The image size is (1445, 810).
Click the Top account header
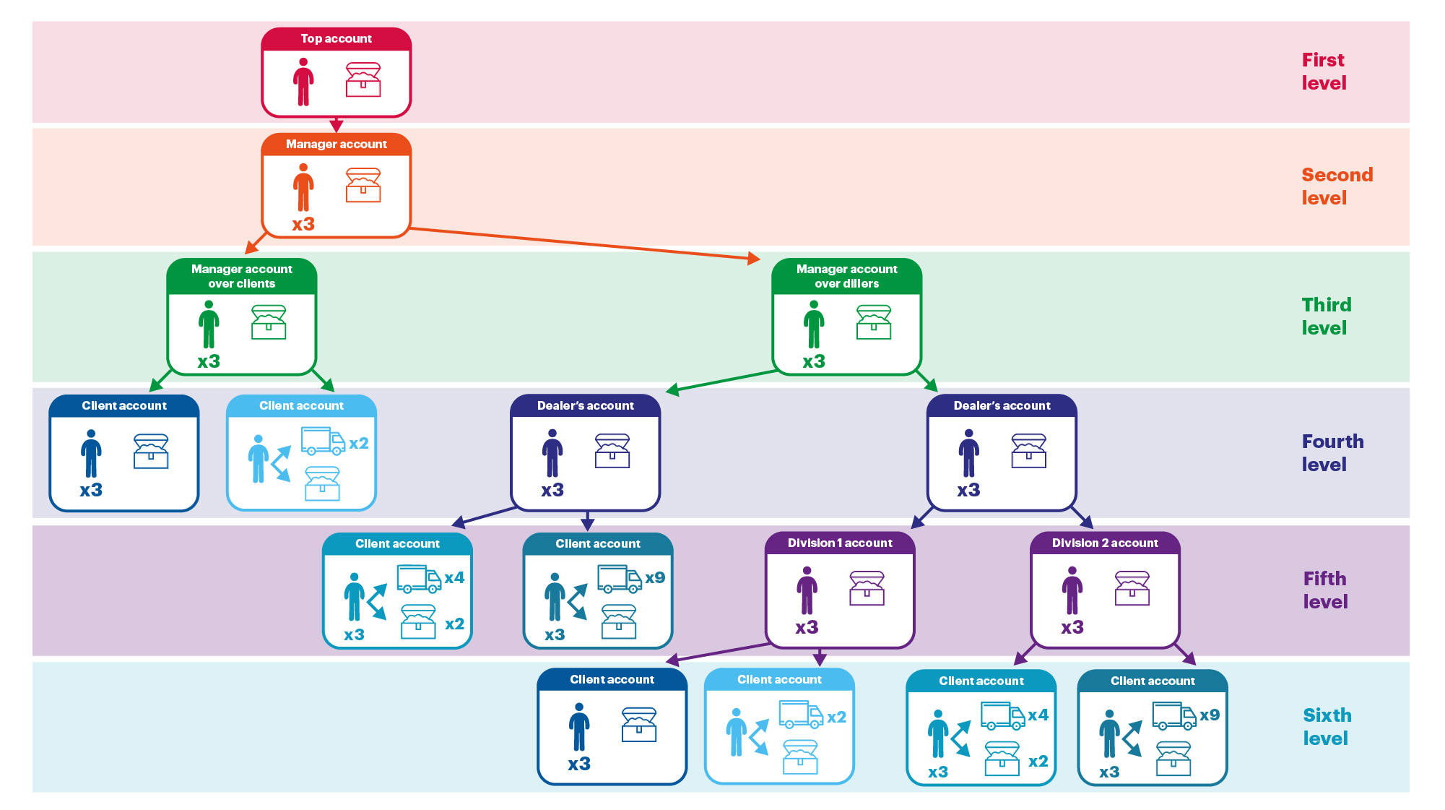(x=336, y=39)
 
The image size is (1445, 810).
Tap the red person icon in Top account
(x=303, y=82)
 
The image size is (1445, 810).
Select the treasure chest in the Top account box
(x=363, y=79)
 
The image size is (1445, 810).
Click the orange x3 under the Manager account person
(x=303, y=224)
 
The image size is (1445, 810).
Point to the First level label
(x=1324, y=72)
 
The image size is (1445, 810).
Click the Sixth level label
(x=1327, y=726)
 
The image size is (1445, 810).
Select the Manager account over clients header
(x=241, y=276)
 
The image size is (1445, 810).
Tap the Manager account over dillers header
(x=846, y=276)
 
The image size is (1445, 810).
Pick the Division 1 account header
(x=840, y=543)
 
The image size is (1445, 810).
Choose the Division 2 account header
(x=1105, y=543)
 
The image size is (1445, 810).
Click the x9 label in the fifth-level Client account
(x=655, y=578)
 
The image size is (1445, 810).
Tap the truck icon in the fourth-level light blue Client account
(x=322, y=441)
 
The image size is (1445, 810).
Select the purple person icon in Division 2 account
(x=1072, y=590)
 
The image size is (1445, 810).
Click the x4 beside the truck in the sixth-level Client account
(x=1038, y=715)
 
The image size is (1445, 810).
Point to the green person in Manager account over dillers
(x=814, y=324)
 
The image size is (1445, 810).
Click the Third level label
(x=1326, y=316)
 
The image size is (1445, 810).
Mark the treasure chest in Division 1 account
(x=867, y=588)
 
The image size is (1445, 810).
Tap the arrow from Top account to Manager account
(x=336, y=124)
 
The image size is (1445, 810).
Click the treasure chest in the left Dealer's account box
(x=612, y=451)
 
